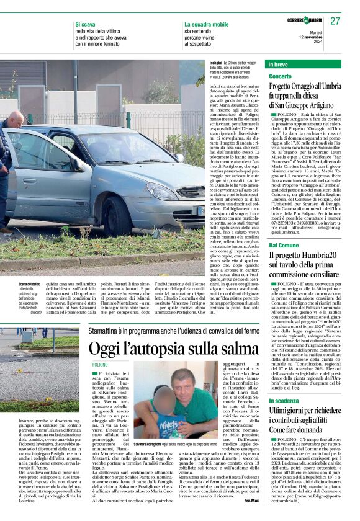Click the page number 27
[x=335, y=21]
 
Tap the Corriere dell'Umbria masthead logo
[x=305, y=21]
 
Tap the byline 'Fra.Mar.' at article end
[x=252, y=500]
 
